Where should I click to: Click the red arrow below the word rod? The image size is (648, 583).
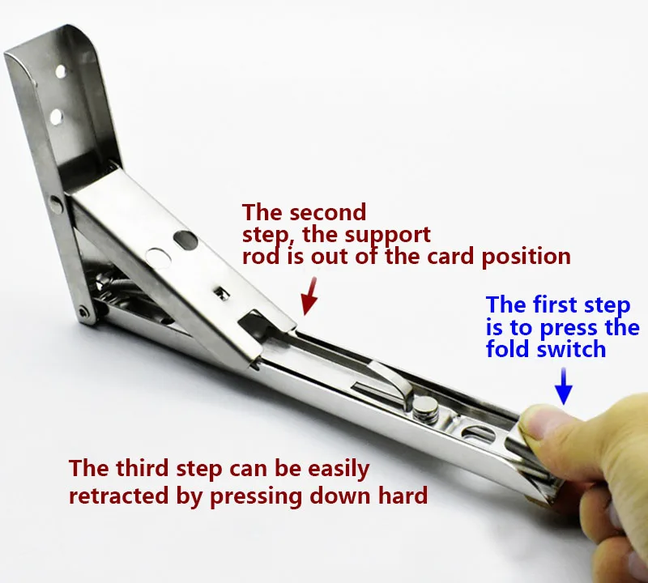310,296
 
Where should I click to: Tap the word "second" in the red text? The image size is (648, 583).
327,212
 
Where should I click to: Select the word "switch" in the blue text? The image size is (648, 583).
571,349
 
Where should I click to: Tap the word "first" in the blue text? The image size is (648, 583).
552,305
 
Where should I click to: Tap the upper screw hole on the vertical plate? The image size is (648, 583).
60,72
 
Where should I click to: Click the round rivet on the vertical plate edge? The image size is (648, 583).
54,202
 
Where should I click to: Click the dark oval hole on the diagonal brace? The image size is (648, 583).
186,240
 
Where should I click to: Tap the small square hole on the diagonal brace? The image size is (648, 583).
223,293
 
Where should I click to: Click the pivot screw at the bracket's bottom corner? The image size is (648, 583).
84,311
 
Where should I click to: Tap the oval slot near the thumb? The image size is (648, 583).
478,434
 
